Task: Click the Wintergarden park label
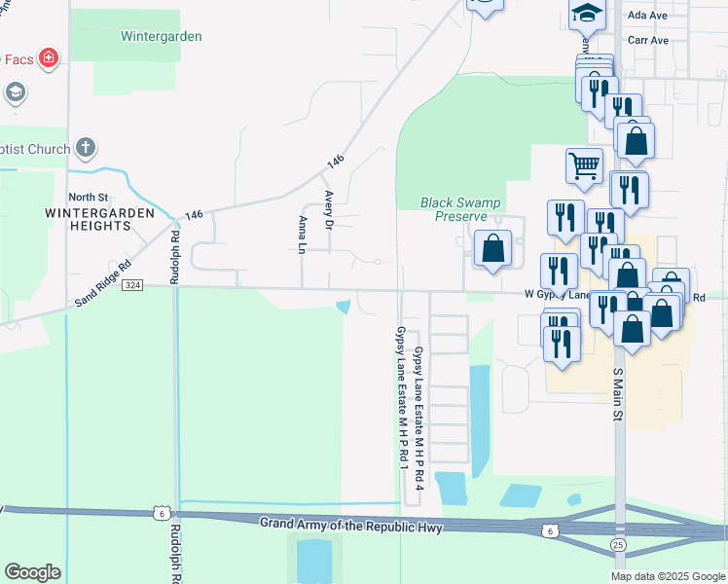pos(161,37)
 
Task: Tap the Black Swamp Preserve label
pos(460,209)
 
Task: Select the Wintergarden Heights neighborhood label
pos(88,219)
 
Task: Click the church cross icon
pos(86,149)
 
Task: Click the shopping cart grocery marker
pos(584,164)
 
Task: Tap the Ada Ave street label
pos(647,16)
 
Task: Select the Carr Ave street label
pos(647,41)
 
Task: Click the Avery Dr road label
pos(329,209)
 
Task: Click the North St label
pos(87,196)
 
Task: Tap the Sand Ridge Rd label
pos(103,283)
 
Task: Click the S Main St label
pos(616,393)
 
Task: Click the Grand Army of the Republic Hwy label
pos(350,526)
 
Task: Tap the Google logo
pos(32,571)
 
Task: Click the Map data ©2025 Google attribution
pos(667,576)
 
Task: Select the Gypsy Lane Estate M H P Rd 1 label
pos(400,399)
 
